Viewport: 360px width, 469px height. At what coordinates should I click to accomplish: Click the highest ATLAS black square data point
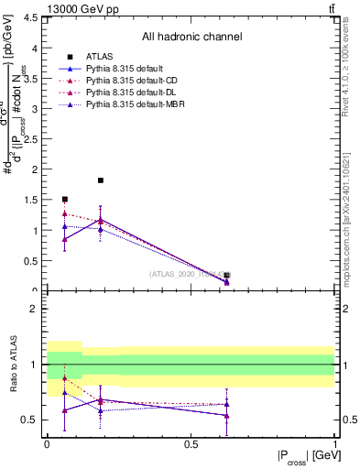tap(101, 180)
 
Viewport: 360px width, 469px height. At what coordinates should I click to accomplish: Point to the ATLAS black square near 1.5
tap(64, 199)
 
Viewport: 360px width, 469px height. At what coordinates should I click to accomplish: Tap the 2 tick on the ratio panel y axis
tap(34, 309)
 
